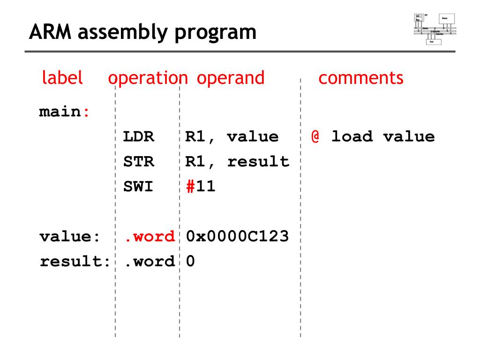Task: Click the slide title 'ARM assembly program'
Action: point(142,32)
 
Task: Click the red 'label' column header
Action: point(62,78)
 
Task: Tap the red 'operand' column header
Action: point(231,78)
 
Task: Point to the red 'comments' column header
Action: point(360,78)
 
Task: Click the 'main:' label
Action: point(64,112)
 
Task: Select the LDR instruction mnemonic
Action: point(138,137)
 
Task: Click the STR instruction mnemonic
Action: point(138,162)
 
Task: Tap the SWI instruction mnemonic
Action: point(138,187)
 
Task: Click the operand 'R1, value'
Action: point(232,137)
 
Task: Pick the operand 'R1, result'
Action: point(237,162)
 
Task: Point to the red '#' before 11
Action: point(190,187)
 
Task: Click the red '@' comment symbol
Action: point(315,137)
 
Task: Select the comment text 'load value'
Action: point(383,137)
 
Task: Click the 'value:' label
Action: point(70,236)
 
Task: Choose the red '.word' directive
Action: point(149,236)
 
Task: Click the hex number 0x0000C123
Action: point(237,236)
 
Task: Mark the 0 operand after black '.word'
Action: point(190,261)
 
